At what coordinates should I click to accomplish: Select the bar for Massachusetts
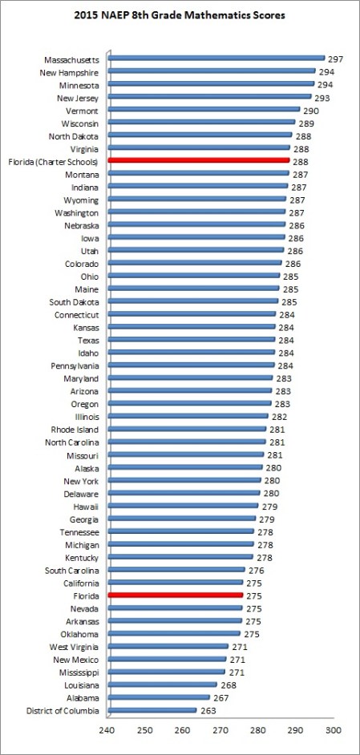click(x=216, y=59)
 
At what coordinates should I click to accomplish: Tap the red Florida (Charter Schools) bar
click(x=199, y=161)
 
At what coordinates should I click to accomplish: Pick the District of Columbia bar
click(x=152, y=710)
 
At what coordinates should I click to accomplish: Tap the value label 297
click(x=336, y=59)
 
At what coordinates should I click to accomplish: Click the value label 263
click(x=208, y=710)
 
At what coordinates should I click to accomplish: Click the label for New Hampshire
click(x=70, y=71)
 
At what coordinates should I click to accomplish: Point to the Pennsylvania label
click(x=72, y=365)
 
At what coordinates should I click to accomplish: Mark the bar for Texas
click(x=191, y=340)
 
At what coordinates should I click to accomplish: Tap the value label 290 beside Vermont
click(x=310, y=110)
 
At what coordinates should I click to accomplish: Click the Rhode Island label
click(x=74, y=430)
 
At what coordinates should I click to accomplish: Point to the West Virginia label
click(x=75, y=647)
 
